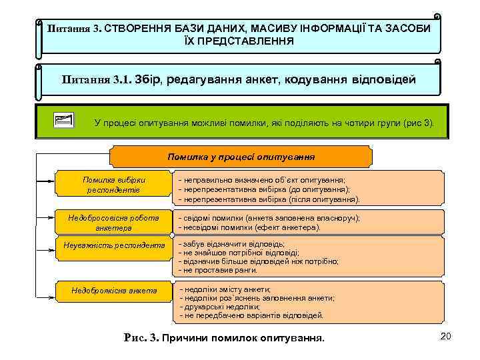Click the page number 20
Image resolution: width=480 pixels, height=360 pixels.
(x=446, y=337)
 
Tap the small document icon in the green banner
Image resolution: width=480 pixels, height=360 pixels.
(x=64, y=121)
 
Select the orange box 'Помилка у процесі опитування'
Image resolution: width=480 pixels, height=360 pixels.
(x=241, y=157)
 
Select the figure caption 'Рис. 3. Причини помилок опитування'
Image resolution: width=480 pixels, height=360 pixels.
(x=225, y=338)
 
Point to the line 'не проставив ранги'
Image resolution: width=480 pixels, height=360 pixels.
(x=221, y=271)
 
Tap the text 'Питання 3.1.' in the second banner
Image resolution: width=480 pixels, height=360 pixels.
(x=97, y=80)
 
